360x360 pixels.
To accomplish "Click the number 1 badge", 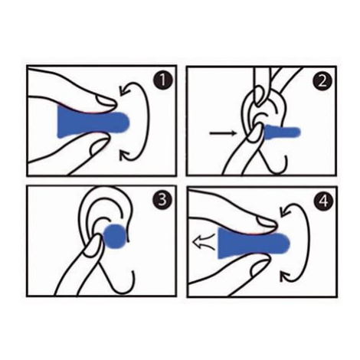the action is (x=162, y=80).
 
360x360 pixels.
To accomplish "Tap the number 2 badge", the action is (x=322, y=82).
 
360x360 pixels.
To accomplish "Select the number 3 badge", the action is (x=162, y=199).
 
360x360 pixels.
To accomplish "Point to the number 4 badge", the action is (x=323, y=201).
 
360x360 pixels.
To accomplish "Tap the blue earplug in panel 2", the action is (x=282, y=132).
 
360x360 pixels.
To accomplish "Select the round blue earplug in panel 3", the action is (x=115, y=237).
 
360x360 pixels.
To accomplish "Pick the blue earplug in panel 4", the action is (x=254, y=243).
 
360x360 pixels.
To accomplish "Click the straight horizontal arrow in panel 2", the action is (x=222, y=133).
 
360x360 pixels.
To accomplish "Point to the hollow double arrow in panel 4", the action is (x=205, y=241).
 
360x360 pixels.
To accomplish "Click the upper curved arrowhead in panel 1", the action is (x=125, y=90).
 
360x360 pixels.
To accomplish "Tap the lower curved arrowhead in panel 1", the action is (x=125, y=155).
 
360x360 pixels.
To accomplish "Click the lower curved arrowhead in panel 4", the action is (x=286, y=277).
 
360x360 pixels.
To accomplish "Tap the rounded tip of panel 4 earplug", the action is (x=285, y=244).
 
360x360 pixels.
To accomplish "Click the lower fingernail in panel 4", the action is (x=260, y=268).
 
